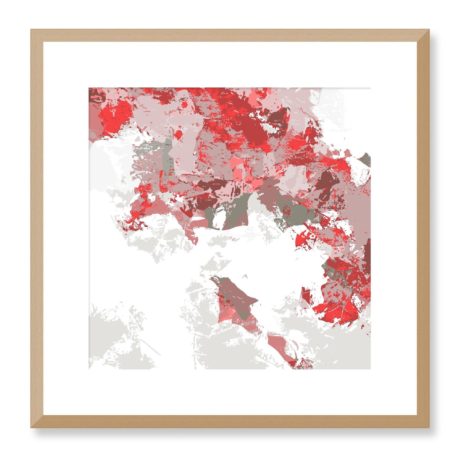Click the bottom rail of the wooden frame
230,422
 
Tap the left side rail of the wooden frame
37,228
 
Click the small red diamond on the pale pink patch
179,135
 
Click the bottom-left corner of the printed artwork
89,369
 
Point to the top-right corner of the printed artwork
370,88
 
